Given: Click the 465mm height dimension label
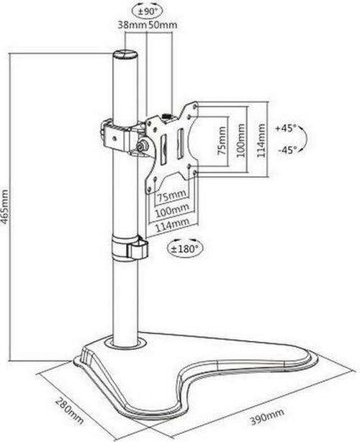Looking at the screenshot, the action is coord(5,207).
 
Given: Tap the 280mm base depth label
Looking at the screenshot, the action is coord(69,410).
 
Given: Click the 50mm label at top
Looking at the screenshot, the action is coord(163,24).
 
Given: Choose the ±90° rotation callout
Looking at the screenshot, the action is coord(148,12).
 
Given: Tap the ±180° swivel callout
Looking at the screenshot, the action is coord(185,248).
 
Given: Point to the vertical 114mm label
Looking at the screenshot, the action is coord(261,140).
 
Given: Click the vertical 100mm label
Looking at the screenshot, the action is coord(240,140).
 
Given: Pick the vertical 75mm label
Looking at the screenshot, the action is coord(222,140).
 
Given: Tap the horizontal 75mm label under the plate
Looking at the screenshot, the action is coord(171,195).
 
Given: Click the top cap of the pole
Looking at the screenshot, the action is coord(126,54).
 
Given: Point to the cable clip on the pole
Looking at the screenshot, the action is coord(130,246).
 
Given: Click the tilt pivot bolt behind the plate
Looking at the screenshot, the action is coord(140,145).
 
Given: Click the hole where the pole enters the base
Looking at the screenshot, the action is coord(125,343).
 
